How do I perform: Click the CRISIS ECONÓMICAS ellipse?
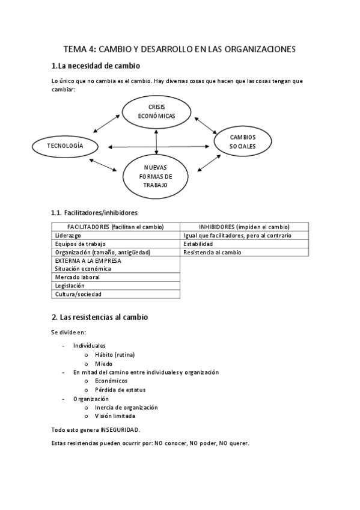pos(156,111)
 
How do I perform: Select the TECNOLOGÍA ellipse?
pos(65,146)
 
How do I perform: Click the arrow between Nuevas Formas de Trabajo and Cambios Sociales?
pos(207,164)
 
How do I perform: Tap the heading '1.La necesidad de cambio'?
pos(96,66)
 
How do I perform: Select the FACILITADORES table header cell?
pos(115,227)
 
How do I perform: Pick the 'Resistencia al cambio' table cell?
pos(213,252)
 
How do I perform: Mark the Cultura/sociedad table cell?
pos(78,294)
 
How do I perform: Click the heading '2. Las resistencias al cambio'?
pos(100,316)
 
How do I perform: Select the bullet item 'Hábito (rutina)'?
pos(114,355)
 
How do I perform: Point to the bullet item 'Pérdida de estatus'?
pos(120,389)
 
